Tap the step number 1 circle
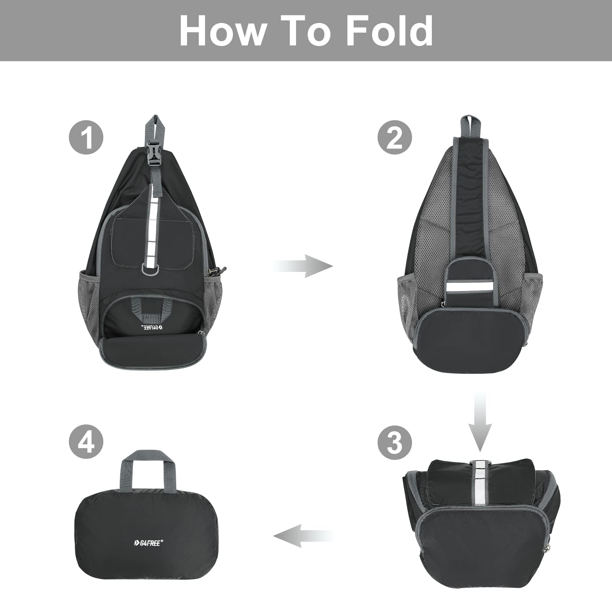point(86,137)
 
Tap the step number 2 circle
point(395,137)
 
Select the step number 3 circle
point(395,443)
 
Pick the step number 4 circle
point(86,443)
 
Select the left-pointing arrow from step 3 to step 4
point(302,535)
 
